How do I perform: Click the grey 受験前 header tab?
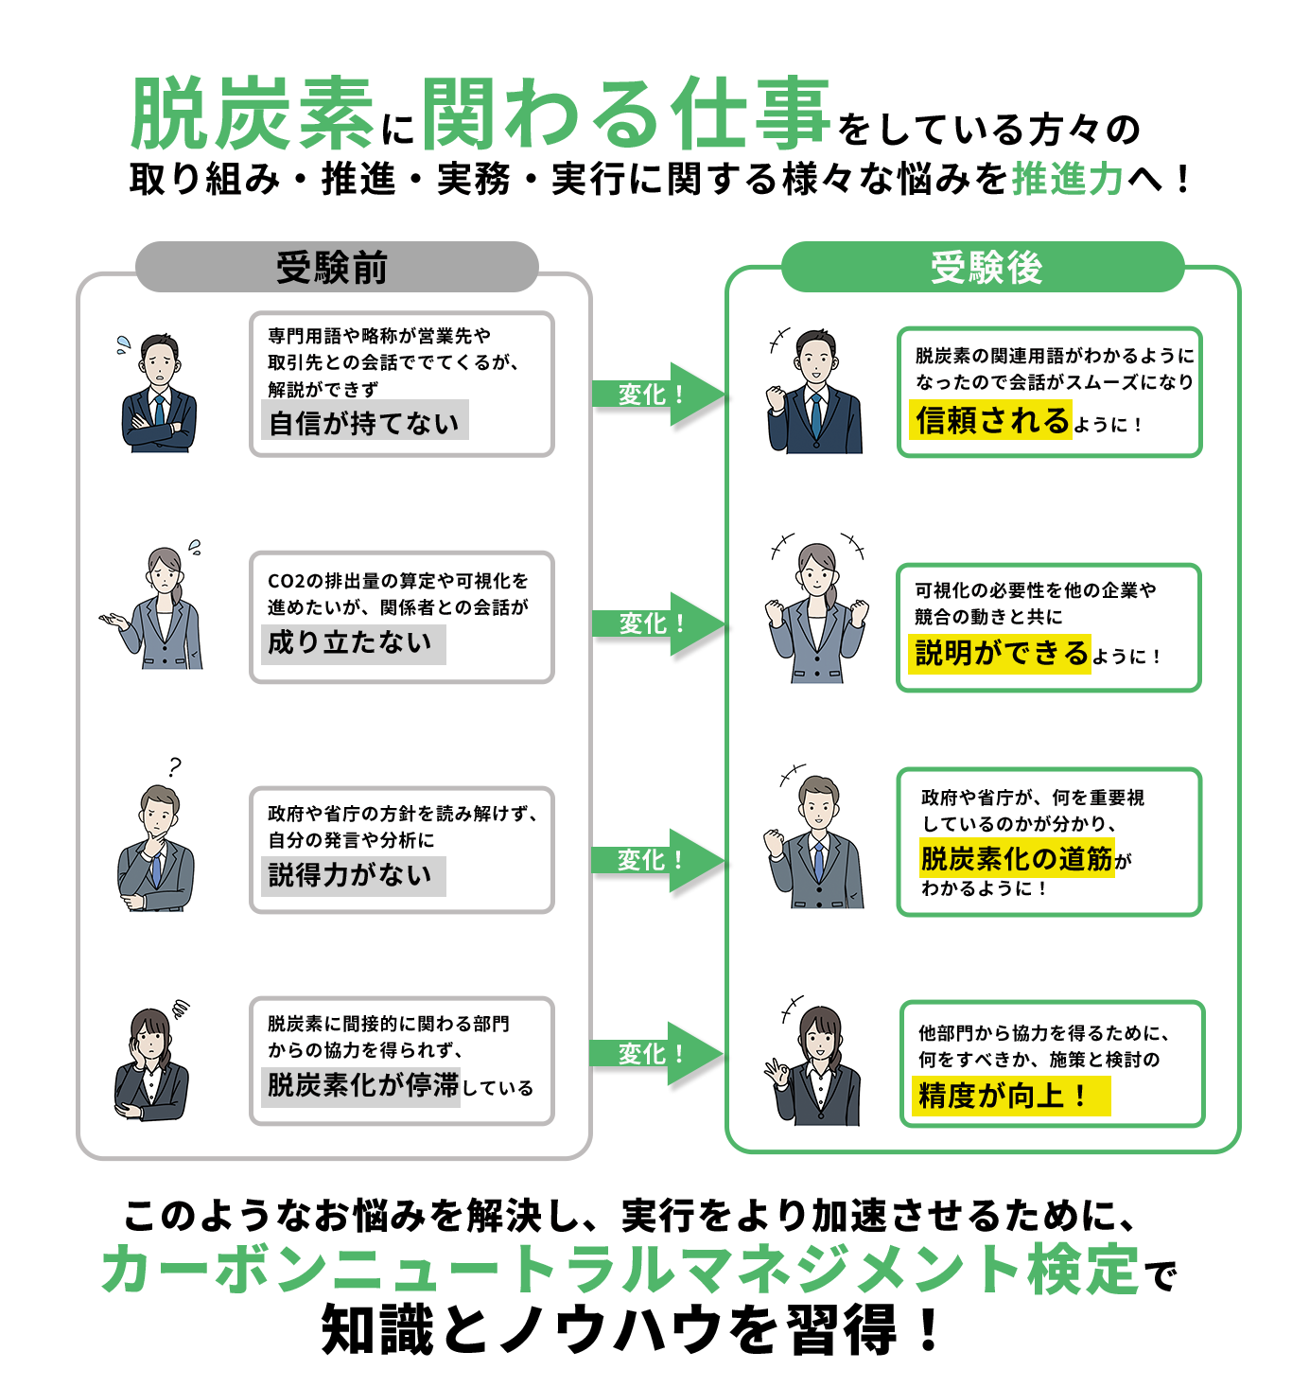pos(336,268)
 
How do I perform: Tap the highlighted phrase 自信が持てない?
pos(364,422)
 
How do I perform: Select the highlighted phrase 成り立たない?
pos(352,643)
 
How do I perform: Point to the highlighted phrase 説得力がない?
pos(352,875)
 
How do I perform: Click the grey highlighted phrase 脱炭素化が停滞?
pos(362,1085)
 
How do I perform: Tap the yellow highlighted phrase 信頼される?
pos(991,420)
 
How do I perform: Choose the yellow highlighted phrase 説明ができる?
pos(1001,653)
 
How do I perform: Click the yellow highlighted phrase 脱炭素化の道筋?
pos(1017,858)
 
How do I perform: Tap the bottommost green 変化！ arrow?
pos(655,1053)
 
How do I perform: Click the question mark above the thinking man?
pos(174,766)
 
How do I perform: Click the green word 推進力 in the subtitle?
pos(1067,178)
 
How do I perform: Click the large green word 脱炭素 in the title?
pos(253,115)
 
